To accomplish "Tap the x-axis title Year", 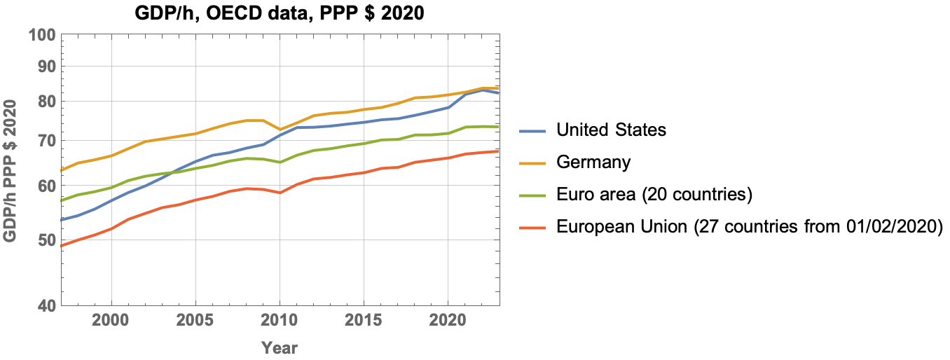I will tap(280, 347).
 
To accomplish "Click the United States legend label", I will tap(611, 130).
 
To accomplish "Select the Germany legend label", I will tap(593, 162).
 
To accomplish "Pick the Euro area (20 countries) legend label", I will tap(654, 195).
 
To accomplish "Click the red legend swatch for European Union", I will tap(534, 227).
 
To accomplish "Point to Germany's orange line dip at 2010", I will tap(280, 130).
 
